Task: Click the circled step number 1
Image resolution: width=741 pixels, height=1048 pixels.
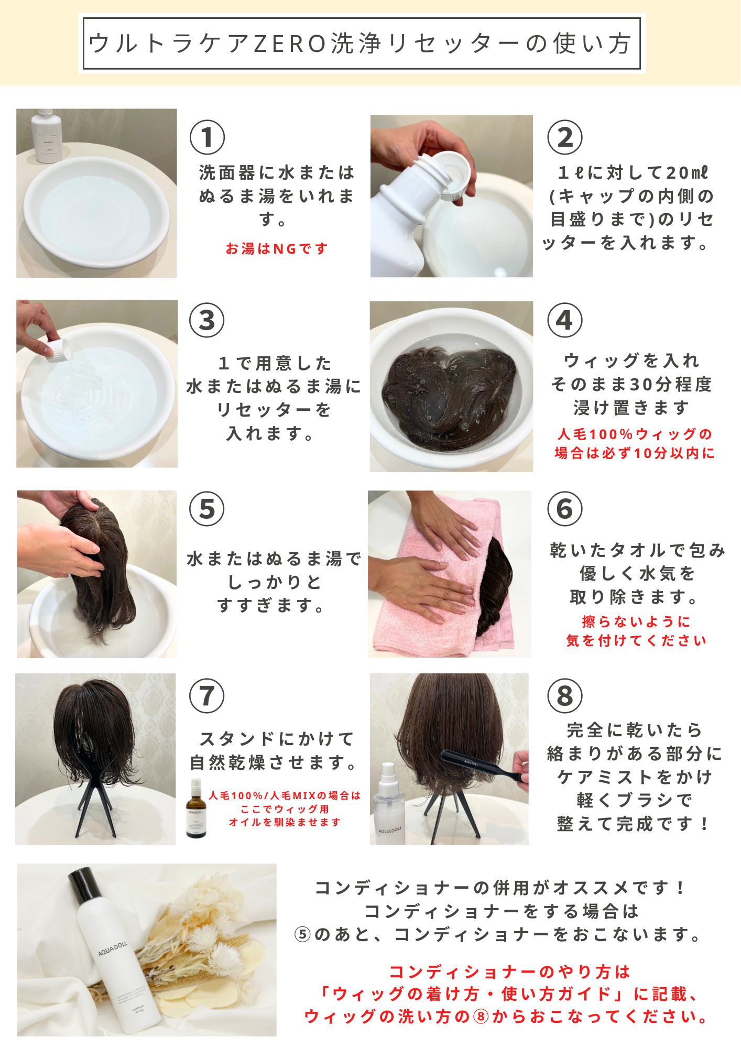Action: click(x=207, y=138)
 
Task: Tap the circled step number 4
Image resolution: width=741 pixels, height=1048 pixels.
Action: click(x=564, y=320)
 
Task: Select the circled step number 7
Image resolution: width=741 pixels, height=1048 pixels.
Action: click(x=206, y=695)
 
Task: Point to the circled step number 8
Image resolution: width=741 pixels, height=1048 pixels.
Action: click(x=564, y=695)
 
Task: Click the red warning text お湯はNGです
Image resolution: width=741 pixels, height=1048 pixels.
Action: click(x=277, y=248)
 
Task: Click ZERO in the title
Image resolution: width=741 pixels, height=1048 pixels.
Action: click(x=290, y=44)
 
